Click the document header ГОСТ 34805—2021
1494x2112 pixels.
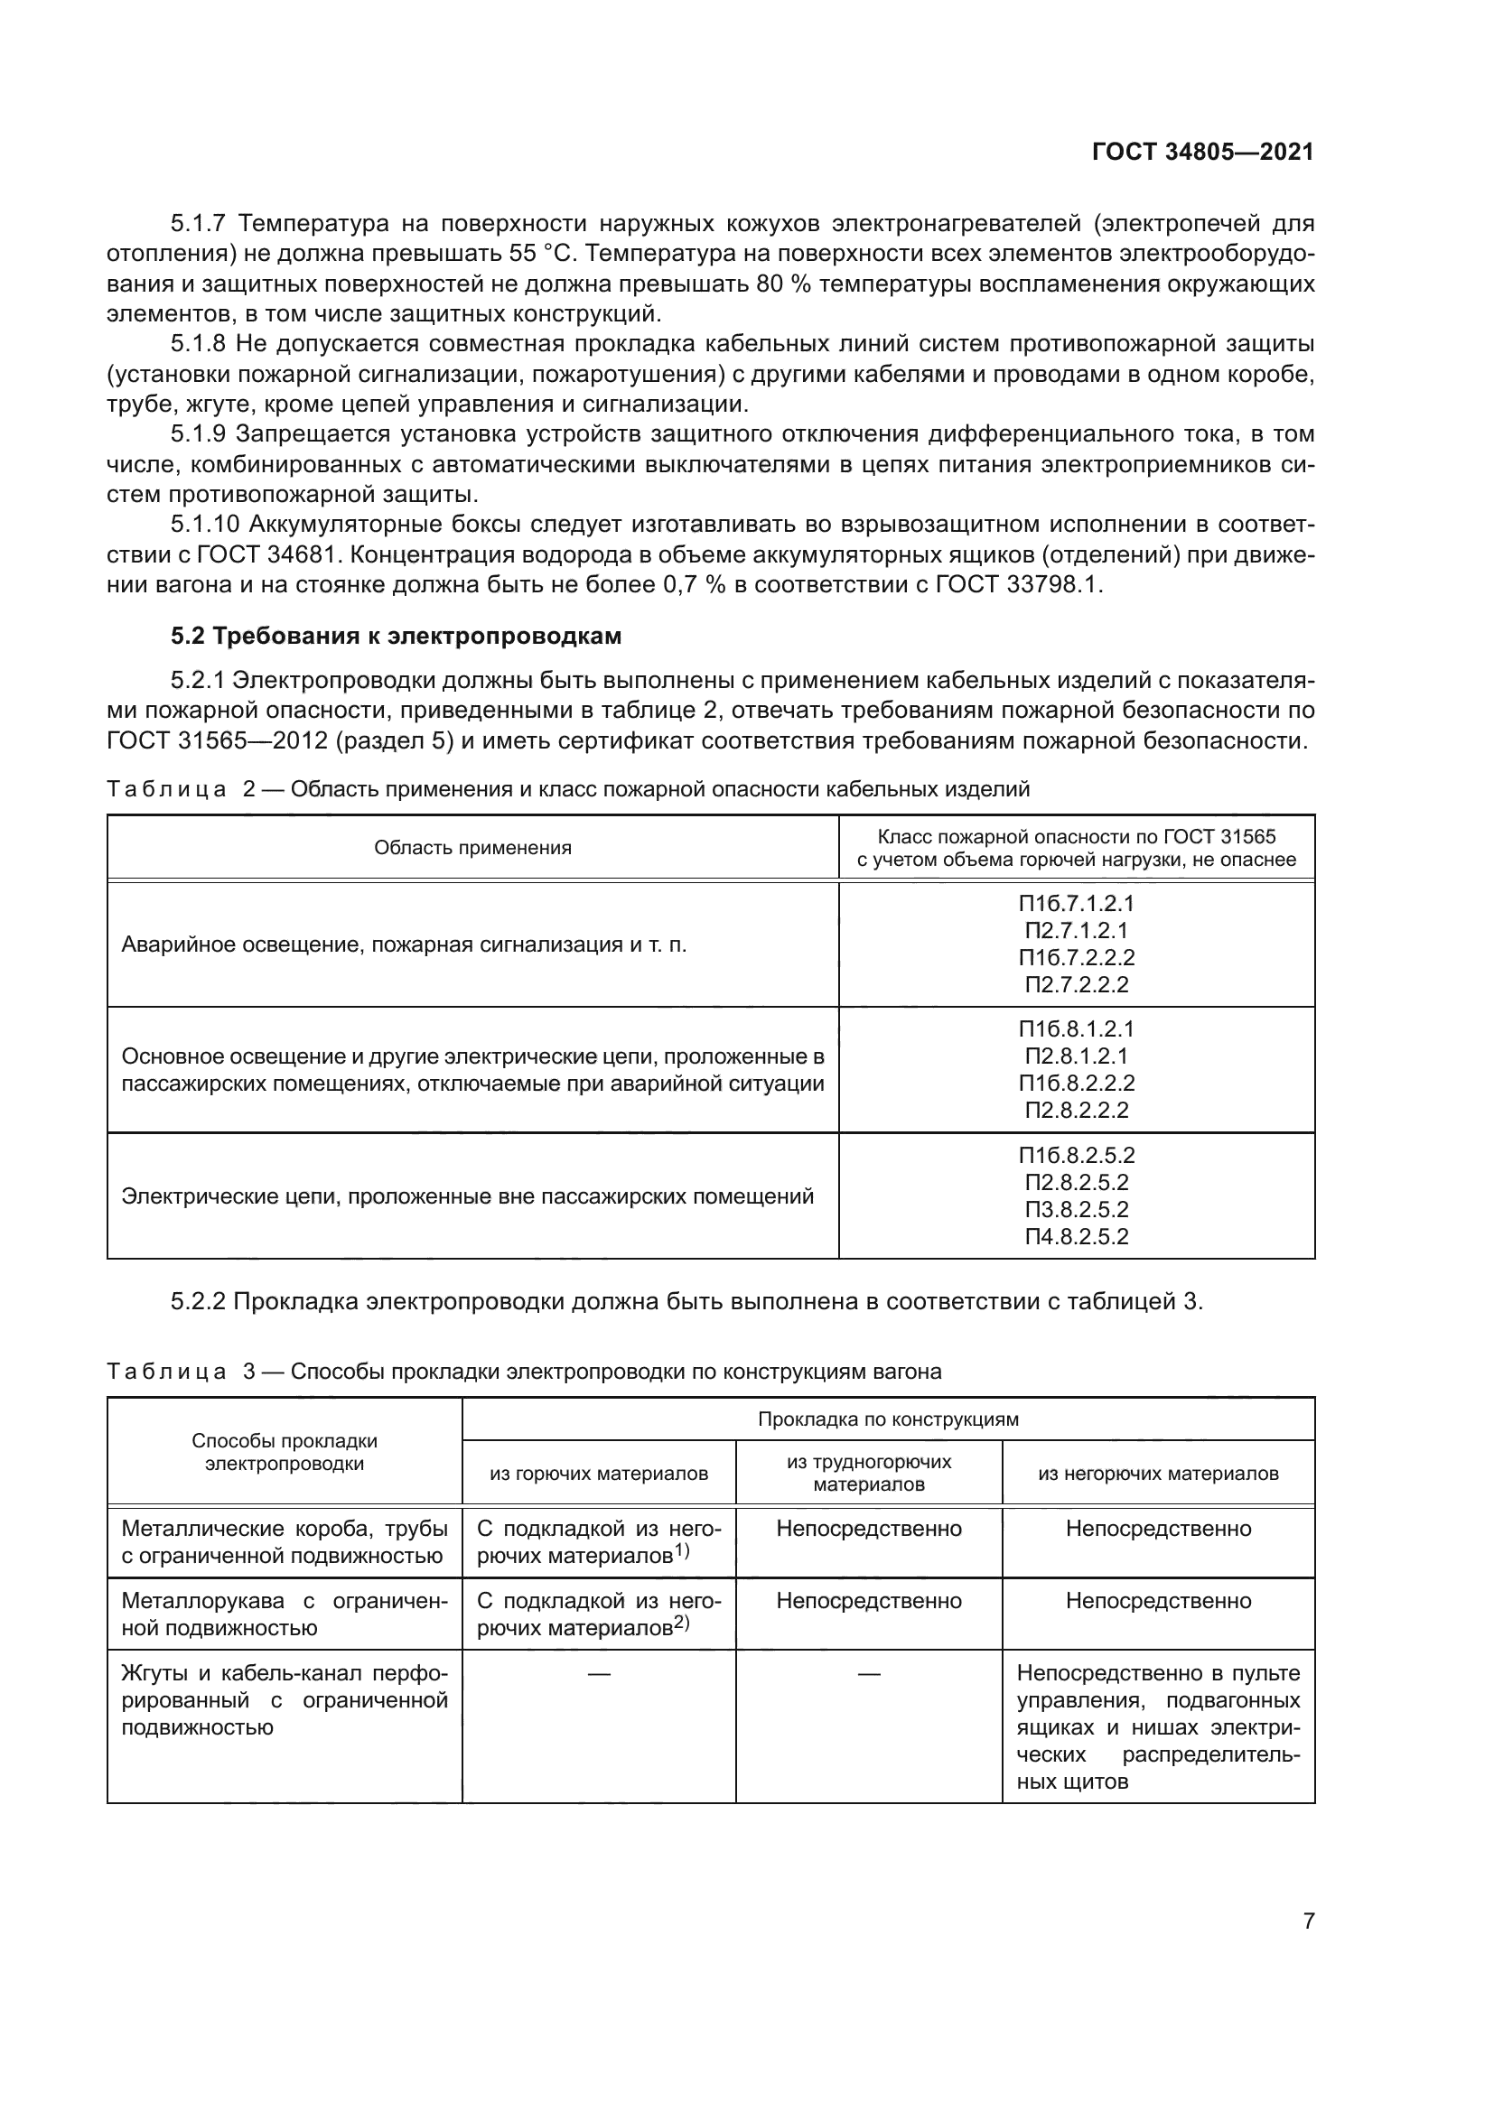point(1201,153)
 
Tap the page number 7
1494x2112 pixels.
point(1308,1921)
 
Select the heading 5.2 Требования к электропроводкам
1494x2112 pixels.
point(396,636)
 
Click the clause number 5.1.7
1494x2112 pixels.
point(198,224)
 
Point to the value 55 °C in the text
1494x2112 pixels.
point(541,254)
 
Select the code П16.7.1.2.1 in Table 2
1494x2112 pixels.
point(1076,903)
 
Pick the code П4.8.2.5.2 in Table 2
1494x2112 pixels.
point(1076,1236)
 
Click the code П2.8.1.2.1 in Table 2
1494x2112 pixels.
point(1076,1056)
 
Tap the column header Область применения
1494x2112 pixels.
point(472,848)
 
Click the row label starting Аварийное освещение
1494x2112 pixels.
point(404,944)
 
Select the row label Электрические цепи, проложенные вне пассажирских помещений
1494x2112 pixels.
point(467,1196)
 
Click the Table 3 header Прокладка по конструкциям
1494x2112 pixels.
point(887,1419)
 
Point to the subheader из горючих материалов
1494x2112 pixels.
point(598,1474)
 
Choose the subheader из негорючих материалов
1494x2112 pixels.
point(1157,1474)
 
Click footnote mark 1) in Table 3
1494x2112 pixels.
point(682,1550)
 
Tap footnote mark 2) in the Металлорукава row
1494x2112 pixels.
point(682,1623)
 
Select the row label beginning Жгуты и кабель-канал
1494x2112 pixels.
point(284,1700)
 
